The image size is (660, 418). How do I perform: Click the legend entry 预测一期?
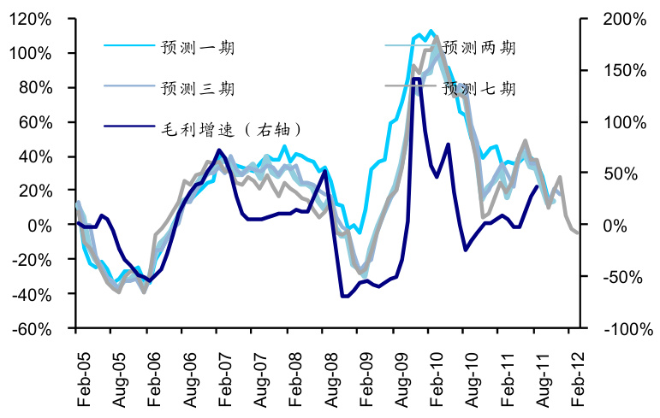click(x=197, y=48)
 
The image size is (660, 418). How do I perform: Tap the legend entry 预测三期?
click(x=197, y=88)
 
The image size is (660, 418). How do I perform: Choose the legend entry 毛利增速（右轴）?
click(x=230, y=129)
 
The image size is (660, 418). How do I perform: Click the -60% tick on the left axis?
click(x=33, y=329)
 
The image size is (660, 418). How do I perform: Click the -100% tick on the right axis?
click(x=619, y=329)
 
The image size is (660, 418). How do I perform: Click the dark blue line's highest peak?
click(x=416, y=79)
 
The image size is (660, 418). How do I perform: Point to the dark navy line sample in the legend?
click(x=128, y=129)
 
